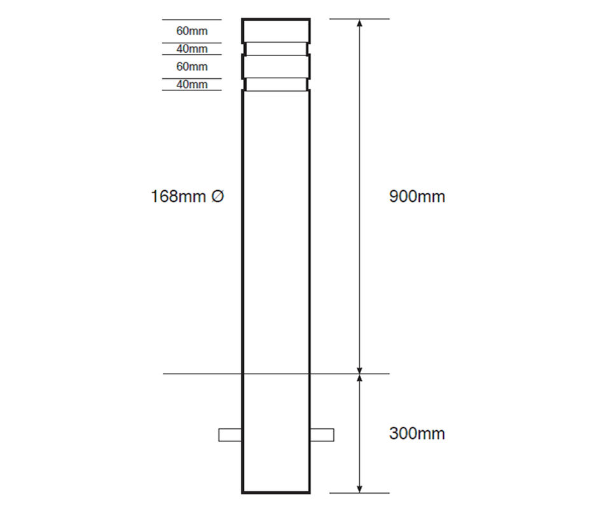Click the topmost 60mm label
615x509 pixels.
pos(191,31)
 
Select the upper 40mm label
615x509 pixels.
pos(191,49)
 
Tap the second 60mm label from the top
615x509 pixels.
pos(191,66)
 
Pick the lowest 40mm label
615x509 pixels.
pos(191,85)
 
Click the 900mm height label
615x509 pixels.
pos(417,197)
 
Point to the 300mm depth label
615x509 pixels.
pos(417,434)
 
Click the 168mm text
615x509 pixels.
pos(178,197)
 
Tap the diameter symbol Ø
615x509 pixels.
pos(217,197)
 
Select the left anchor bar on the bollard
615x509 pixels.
pos(230,435)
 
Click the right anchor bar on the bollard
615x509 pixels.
pos(322,435)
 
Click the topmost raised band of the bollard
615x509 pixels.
pos(276,31)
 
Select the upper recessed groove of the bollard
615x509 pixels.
pos(276,49)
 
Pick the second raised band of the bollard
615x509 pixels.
pos(276,66)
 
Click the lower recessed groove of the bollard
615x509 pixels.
pos(276,85)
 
